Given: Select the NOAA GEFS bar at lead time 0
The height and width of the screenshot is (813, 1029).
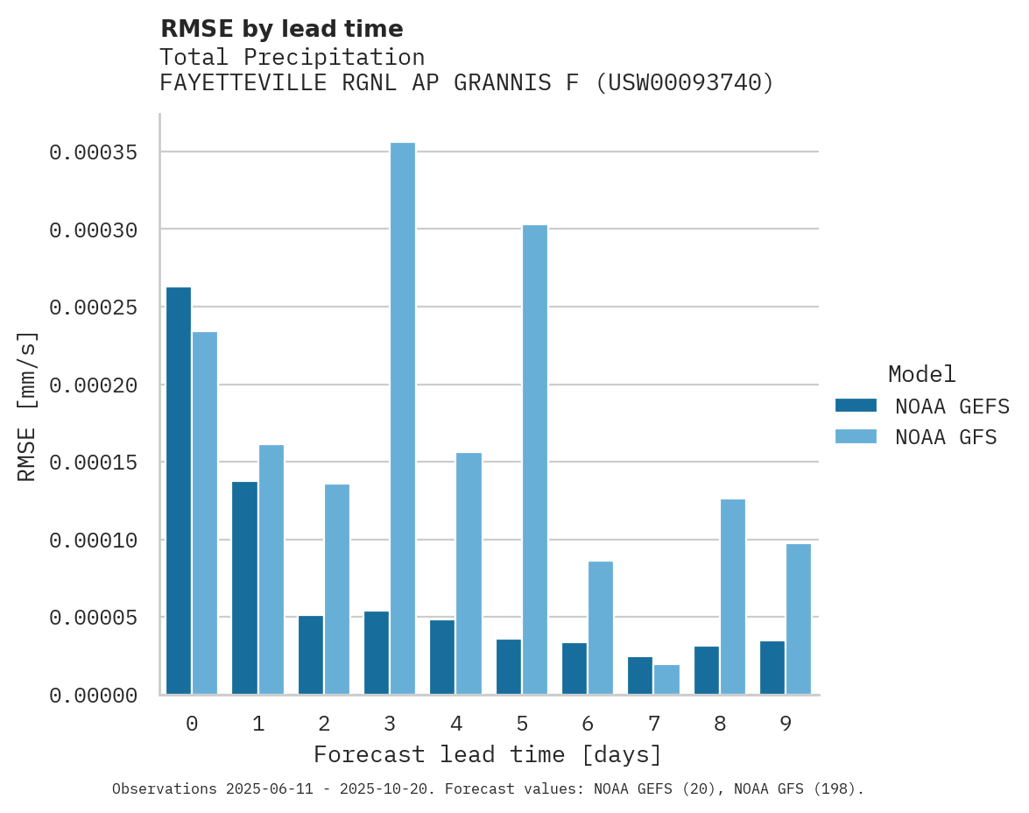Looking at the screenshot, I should point(179,491).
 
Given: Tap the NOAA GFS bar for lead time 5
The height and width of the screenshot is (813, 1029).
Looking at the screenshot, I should point(535,459).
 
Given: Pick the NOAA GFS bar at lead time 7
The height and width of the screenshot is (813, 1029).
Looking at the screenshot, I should point(666,680).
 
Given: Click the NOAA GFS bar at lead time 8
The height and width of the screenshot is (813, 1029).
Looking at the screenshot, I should point(733,597).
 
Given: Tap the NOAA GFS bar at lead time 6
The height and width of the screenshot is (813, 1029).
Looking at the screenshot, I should point(601,627).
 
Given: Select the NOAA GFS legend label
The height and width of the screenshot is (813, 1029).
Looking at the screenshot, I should point(946,437).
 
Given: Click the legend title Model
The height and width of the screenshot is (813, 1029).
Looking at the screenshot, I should point(921,374).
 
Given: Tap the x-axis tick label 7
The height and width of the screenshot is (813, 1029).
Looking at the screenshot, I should point(653,724).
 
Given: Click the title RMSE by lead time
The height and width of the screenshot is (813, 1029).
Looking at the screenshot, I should point(282,29).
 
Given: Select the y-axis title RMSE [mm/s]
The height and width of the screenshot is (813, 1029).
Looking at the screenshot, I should point(27,406).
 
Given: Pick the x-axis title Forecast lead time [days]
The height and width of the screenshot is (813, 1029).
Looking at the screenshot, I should point(488,754).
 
